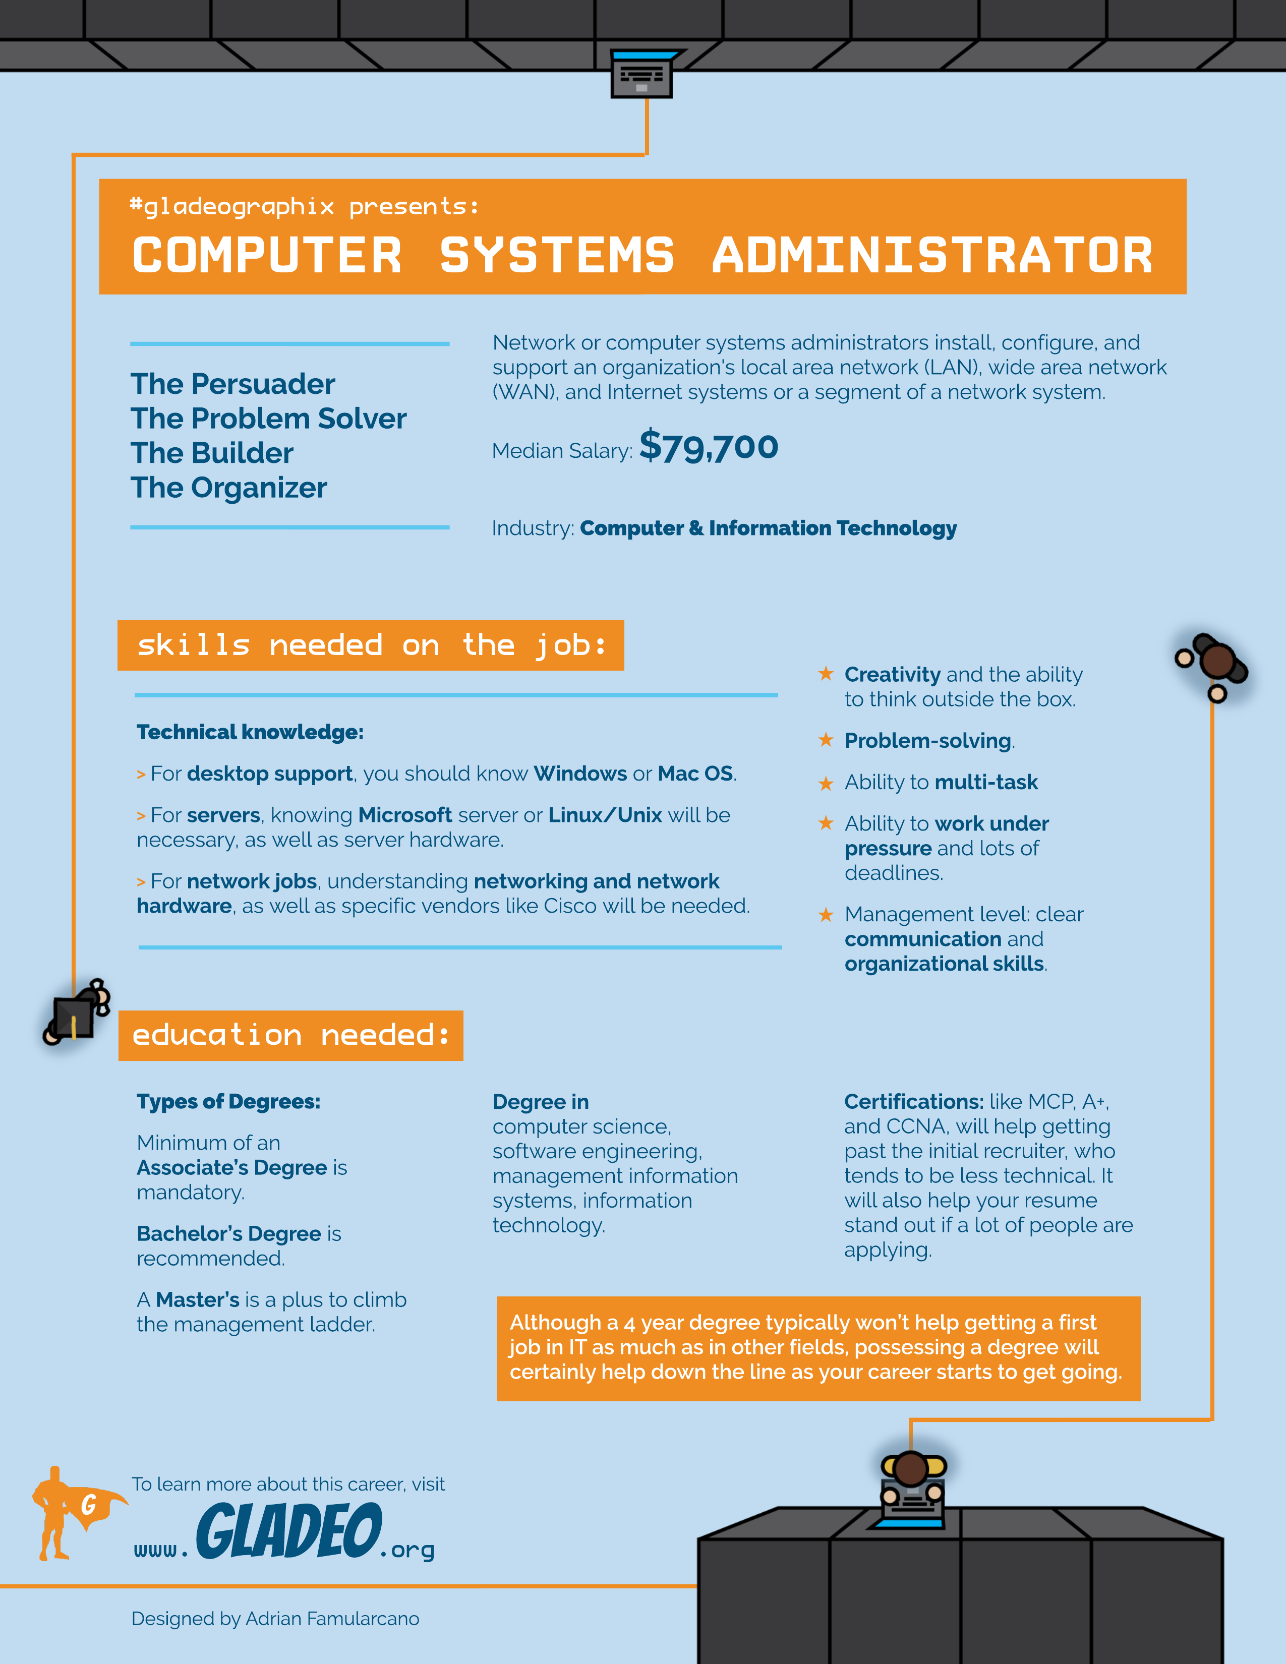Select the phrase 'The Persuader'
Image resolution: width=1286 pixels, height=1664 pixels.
[232, 384]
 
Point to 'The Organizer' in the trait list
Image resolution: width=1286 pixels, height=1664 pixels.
[228, 488]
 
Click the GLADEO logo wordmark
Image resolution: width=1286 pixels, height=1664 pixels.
[289, 1531]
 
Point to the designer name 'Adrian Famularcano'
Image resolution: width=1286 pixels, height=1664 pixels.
[332, 1618]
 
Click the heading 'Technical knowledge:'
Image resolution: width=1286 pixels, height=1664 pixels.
[250, 732]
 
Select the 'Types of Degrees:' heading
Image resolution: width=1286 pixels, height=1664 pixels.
[228, 1102]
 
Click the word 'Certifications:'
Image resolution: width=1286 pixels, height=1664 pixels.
[913, 1102]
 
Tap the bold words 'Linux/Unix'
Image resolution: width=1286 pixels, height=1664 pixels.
[605, 815]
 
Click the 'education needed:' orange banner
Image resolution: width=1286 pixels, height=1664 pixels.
[290, 1035]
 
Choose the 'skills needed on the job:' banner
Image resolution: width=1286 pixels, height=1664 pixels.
[370, 645]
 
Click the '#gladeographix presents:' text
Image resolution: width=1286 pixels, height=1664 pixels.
[304, 206]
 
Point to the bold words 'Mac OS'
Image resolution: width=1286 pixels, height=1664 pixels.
[695, 774]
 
